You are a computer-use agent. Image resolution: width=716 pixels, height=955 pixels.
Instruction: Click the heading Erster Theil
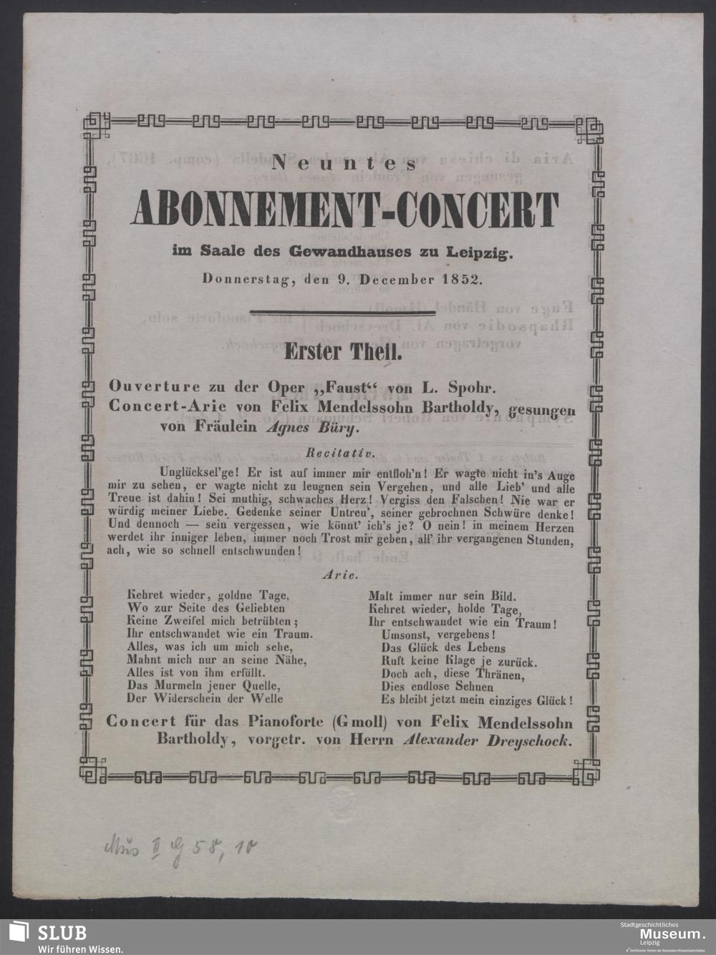[337, 351]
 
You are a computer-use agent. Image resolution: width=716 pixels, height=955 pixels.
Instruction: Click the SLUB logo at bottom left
[50, 932]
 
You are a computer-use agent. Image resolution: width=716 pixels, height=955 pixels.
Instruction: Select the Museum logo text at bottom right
[671, 934]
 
